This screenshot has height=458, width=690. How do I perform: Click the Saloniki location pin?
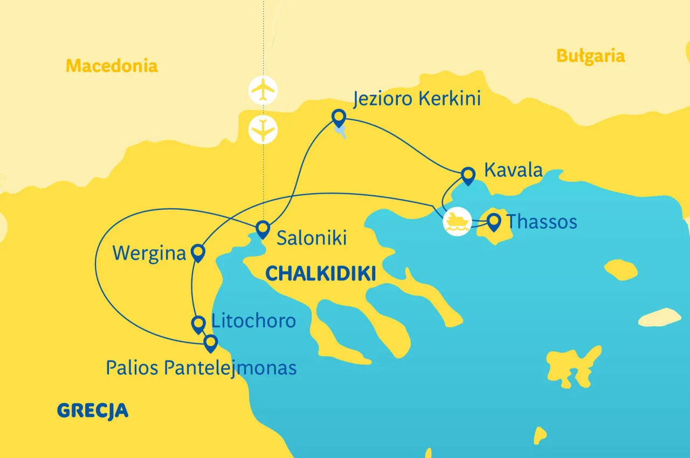(263, 229)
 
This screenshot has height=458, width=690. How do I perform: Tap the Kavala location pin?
(468, 175)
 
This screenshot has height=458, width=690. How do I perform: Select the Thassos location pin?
(493, 221)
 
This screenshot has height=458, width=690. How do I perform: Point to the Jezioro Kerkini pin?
(339, 117)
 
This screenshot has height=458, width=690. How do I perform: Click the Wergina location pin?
(198, 252)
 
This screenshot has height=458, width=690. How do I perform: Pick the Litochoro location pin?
(198, 324)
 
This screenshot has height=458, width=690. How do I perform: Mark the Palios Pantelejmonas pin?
(210, 343)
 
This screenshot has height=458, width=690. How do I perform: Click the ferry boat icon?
(457, 221)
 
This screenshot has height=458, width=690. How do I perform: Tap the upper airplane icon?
(263, 90)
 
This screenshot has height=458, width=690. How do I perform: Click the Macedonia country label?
(112, 66)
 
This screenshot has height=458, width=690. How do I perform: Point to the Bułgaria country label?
(590, 56)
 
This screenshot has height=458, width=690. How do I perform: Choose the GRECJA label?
(93, 411)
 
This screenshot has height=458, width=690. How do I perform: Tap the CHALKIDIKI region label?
(321, 274)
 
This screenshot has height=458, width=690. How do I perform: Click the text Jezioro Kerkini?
(417, 99)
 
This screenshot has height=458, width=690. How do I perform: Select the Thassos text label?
(542, 222)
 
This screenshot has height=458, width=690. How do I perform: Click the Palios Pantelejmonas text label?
(201, 368)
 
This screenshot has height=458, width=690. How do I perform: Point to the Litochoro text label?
(253, 321)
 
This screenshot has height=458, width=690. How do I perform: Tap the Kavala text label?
(513, 169)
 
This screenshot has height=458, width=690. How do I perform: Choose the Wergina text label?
(149, 253)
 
